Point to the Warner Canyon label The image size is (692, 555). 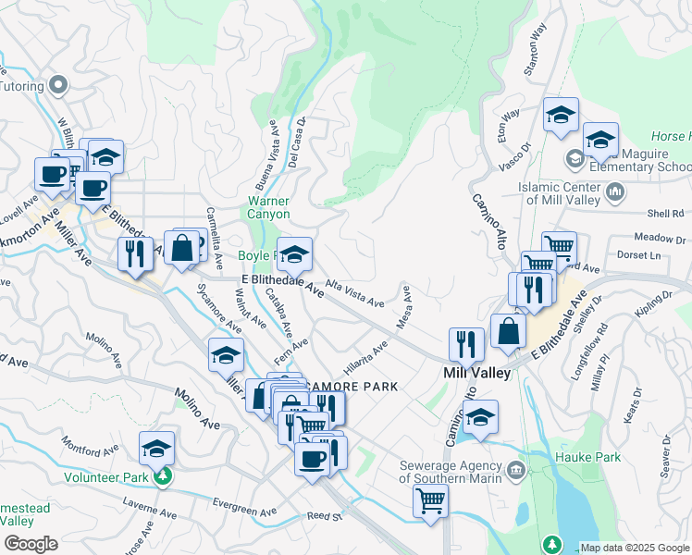pos(268,207)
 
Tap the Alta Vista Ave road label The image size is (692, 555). pos(353,295)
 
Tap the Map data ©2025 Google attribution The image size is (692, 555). pos(635,548)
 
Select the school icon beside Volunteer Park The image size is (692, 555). pos(157,449)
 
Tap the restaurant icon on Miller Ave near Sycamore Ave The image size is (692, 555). pos(135,254)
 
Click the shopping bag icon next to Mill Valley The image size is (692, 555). pos(508,331)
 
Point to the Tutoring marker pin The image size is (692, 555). pos(58,85)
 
